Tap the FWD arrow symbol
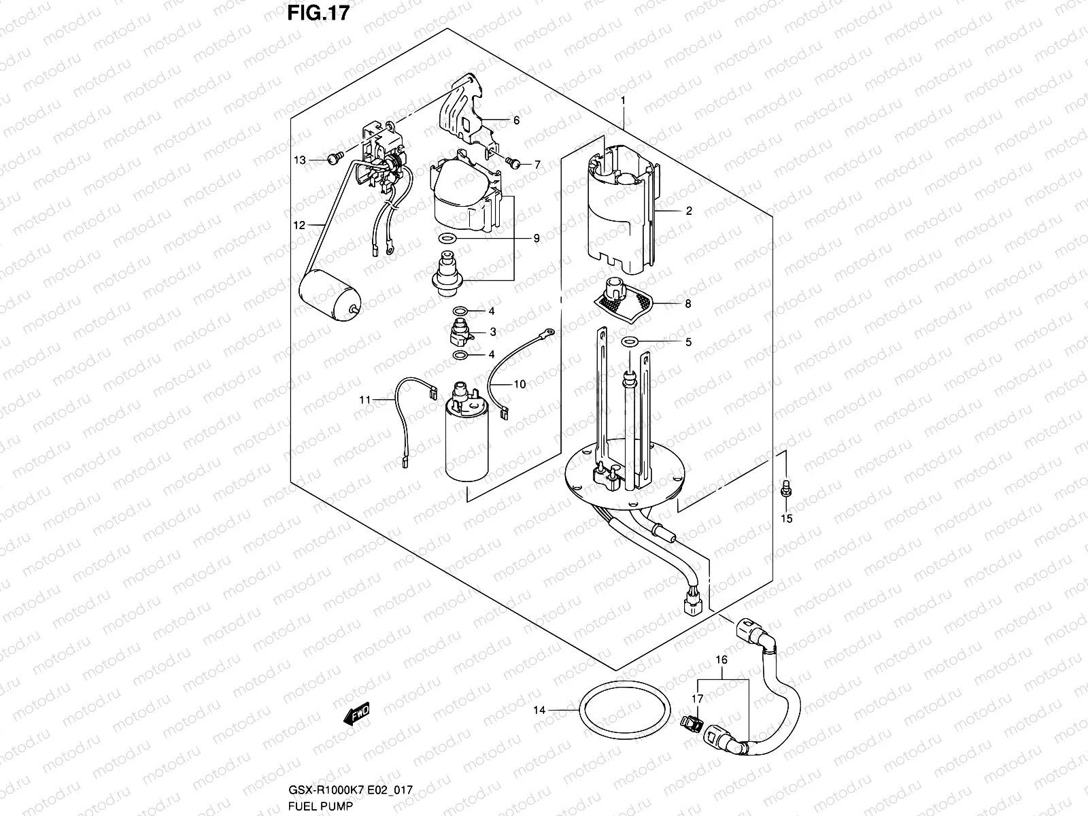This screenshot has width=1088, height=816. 356,713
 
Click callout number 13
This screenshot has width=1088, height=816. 301,160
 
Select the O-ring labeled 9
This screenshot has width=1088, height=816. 447,238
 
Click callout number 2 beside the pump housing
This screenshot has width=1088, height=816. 689,211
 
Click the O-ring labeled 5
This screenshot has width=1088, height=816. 630,341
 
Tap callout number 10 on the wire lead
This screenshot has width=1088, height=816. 520,384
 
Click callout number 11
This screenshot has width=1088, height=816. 366,400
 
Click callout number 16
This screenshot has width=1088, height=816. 722,660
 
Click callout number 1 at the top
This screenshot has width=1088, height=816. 622,101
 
